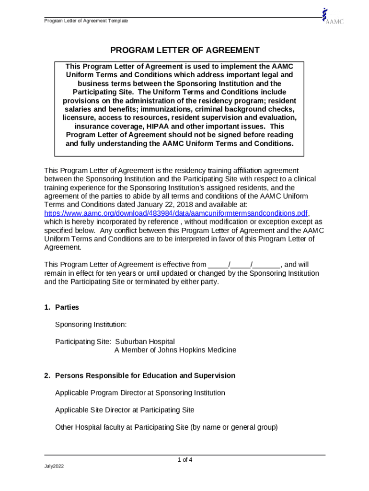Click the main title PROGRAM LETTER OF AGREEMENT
pos(185,50)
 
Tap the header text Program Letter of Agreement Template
pos(86,21)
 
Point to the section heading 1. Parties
pos(61,307)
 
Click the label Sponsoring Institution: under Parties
pos(91,325)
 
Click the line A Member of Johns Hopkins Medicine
pos(175,351)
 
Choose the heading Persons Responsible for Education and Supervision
pos(145,376)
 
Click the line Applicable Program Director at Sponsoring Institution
pos(140,393)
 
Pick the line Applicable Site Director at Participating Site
pos(125,410)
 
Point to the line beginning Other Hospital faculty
pos(166,427)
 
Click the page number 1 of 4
pos(185,460)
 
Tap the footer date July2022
pos(54,467)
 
